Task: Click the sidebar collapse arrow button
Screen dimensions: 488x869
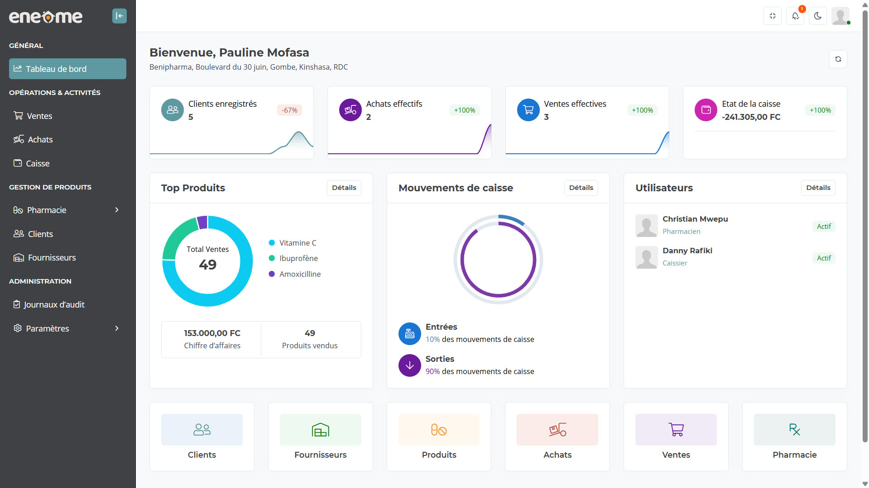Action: [x=119, y=16]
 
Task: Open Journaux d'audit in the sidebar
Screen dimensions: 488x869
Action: [x=54, y=305]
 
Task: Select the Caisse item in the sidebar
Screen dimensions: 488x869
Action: [x=38, y=164]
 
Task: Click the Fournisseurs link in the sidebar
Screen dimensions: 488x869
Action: [x=52, y=258]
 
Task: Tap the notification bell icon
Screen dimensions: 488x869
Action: [x=795, y=16]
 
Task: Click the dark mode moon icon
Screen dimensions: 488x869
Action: [x=817, y=16]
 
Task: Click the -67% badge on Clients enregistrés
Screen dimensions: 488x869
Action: [x=289, y=110]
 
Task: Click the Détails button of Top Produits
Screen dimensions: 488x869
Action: [x=344, y=188]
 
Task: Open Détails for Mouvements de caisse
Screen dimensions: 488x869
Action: [x=581, y=188]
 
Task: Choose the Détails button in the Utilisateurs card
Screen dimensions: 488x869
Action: [x=818, y=188]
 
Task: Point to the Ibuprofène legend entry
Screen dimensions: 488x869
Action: [x=298, y=258]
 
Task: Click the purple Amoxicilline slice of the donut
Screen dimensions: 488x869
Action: [x=202, y=222]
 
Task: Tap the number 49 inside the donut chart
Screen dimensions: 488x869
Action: [x=208, y=265]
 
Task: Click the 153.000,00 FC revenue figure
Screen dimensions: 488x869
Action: [x=212, y=333]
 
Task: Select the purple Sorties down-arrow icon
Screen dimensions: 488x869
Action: [x=409, y=365]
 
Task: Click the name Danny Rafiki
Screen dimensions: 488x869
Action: [x=687, y=251]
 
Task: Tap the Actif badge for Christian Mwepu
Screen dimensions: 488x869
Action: [x=824, y=227]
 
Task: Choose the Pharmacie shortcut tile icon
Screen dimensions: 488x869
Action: [x=794, y=430]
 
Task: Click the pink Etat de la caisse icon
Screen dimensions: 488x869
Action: [x=706, y=110]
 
